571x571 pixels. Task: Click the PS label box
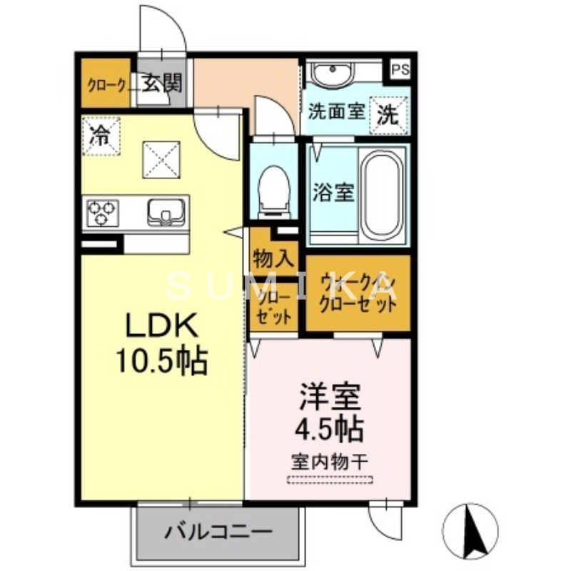(x=400, y=70)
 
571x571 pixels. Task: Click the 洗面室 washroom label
(x=337, y=113)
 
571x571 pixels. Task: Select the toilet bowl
(x=274, y=189)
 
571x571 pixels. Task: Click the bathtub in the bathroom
(x=382, y=193)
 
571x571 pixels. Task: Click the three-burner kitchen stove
(x=101, y=213)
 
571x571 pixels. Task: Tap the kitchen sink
(x=166, y=213)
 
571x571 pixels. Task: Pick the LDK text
(x=161, y=327)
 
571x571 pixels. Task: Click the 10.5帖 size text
(x=161, y=362)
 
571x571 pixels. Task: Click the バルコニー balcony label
(x=218, y=532)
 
